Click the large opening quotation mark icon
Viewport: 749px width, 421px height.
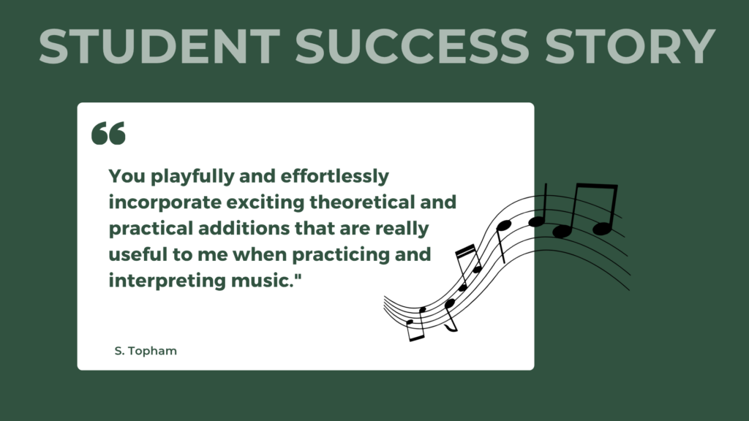click(x=108, y=133)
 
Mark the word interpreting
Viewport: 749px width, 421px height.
click(x=162, y=281)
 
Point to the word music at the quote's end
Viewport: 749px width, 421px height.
click(x=266, y=281)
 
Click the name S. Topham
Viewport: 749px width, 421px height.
click(x=146, y=352)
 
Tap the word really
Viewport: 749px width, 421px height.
click(x=401, y=229)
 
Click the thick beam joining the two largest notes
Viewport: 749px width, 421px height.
click(x=595, y=188)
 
